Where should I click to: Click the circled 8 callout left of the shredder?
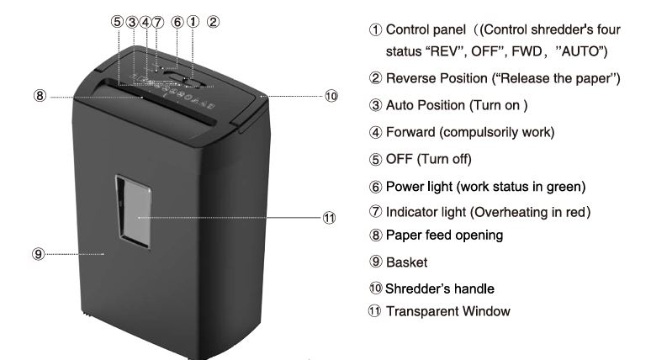[40, 97]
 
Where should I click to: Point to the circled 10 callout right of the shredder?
[331, 96]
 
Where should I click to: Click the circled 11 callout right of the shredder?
[330, 217]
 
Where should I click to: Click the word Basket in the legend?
[406, 262]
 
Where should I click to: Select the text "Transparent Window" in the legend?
[447, 311]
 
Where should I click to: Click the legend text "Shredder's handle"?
[437, 288]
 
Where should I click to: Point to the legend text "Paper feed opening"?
[444, 236]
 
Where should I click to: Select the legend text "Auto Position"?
[424, 105]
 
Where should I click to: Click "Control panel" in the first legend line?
[425, 29]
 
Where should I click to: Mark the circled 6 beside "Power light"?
[375, 185]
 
